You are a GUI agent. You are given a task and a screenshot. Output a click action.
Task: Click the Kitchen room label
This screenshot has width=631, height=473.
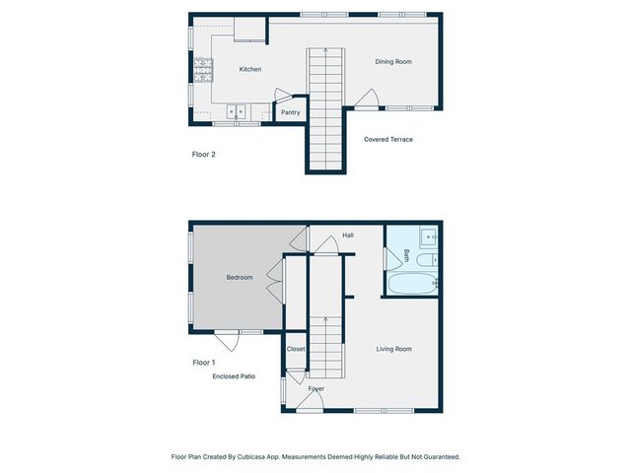(x=250, y=69)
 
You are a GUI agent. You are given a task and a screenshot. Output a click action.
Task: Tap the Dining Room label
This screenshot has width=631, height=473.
(x=393, y=62)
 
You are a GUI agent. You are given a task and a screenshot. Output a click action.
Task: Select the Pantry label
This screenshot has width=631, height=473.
(x=291, y=112)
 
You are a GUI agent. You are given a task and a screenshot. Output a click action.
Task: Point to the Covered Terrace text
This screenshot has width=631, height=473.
(x=388, y=140)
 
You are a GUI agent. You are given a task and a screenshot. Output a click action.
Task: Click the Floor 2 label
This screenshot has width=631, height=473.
(x=203, y=155)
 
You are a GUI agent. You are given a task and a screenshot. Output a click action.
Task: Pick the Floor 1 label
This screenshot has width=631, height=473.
(x=203, y=364)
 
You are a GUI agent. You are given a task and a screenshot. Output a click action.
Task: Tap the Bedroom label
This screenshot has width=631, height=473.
(x=240, y=278)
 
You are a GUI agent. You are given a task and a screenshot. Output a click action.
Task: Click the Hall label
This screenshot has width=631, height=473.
(x=348, y=236)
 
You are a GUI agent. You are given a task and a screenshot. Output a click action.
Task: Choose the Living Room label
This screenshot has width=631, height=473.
(x=394, y=349)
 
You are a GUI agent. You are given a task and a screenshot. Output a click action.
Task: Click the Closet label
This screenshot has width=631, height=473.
(x=296, y=349)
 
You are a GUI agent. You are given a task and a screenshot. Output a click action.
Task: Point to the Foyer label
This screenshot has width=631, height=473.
(x=316, y=389)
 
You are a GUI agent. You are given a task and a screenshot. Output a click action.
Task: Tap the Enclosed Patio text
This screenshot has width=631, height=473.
(x=235, y=376)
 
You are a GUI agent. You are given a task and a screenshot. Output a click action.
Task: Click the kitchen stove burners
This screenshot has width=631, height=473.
(x=203, y=68)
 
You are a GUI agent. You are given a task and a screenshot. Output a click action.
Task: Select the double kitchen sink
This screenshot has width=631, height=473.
(x=238, y=111)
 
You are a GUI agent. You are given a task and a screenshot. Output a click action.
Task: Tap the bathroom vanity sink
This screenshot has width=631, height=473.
(x=429, y=237)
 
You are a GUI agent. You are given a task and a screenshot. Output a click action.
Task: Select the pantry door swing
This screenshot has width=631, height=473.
(x=282, y=97)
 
